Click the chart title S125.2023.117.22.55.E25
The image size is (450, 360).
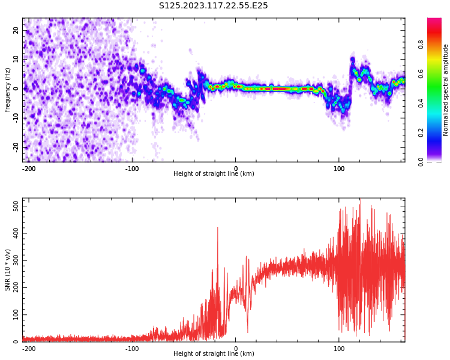214,6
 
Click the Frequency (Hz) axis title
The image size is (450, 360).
8,90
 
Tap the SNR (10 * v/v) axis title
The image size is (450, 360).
8,270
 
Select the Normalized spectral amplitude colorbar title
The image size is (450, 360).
446,90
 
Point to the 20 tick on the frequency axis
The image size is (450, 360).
16,30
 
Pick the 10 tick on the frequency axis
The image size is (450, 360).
16,59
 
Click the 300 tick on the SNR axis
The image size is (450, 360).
14,260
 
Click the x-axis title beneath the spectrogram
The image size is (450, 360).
214,174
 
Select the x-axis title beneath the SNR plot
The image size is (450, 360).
214,354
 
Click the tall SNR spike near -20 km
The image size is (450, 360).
217,229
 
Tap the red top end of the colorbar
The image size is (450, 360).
434,21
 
